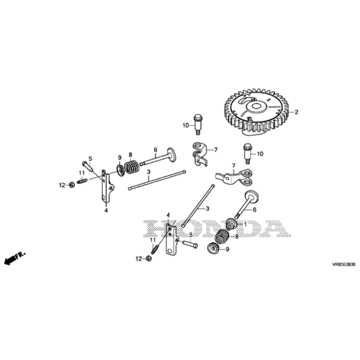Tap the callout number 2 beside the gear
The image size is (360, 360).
point(296,112)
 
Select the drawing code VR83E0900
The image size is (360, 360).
point(343,264)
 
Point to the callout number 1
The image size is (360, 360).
point(245,224)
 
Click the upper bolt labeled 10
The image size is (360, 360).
point(198,124)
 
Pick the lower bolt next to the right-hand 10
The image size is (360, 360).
point(247,153)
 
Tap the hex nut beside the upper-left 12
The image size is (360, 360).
point(71,185)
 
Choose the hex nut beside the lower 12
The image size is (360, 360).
point(149,258)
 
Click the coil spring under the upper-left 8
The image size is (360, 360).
point(132,166)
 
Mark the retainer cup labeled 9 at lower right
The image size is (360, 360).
point(213,249)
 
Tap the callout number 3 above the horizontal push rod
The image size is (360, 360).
point(149,172)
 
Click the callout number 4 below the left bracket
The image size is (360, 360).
point(106,210)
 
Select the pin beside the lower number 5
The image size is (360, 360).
point(189,244)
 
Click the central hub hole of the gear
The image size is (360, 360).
point(256,106)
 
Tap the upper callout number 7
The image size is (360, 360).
point(215,150)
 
